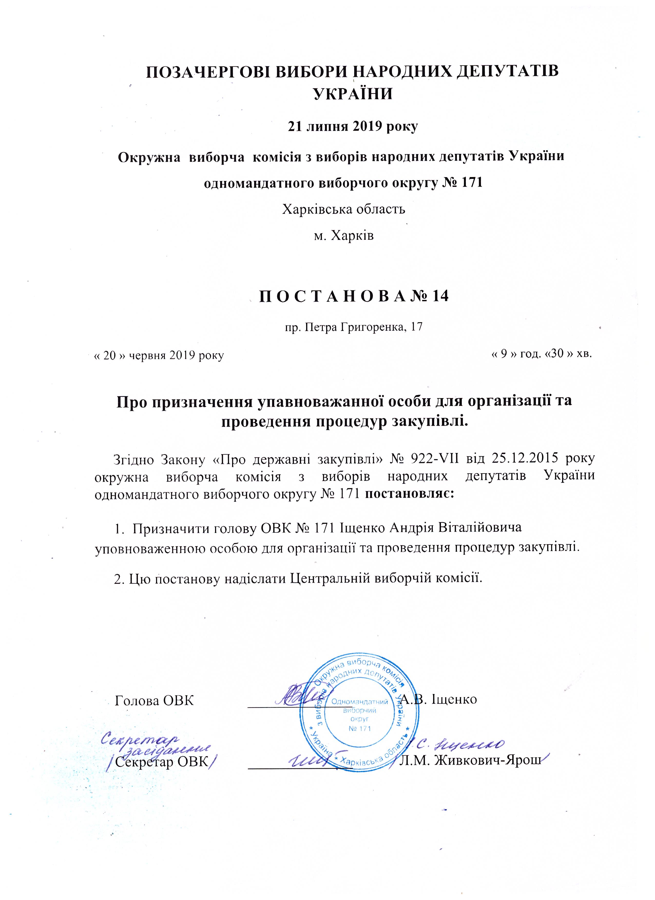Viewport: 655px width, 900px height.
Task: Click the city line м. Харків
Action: coord(344,236)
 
